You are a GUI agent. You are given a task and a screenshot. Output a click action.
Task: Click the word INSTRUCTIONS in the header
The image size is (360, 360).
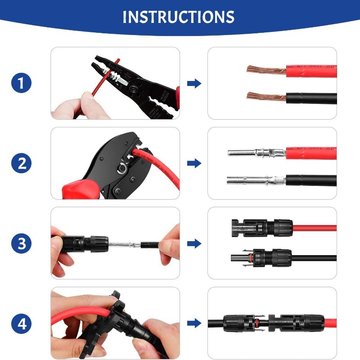179,17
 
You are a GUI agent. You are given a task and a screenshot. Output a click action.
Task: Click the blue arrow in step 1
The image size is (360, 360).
194,84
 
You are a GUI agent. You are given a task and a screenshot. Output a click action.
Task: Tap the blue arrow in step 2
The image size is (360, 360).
194,164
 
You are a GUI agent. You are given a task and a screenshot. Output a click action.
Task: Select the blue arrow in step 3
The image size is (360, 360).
194,244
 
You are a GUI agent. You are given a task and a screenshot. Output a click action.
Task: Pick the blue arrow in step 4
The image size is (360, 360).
194,324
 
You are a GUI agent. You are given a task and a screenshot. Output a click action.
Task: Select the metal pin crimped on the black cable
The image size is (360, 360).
254,180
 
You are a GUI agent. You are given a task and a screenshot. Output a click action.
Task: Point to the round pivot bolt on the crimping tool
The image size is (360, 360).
120,171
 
